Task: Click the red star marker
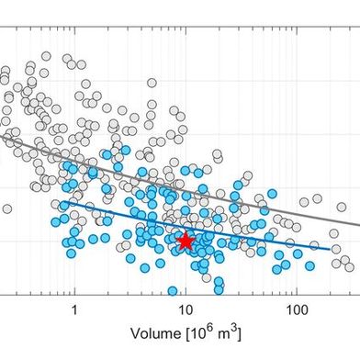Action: click(186, 242)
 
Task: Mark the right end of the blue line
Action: click(331, 248)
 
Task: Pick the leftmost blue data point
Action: click(56, 221)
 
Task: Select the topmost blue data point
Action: click(126, 150)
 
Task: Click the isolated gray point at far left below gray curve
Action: click(7, 208)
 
